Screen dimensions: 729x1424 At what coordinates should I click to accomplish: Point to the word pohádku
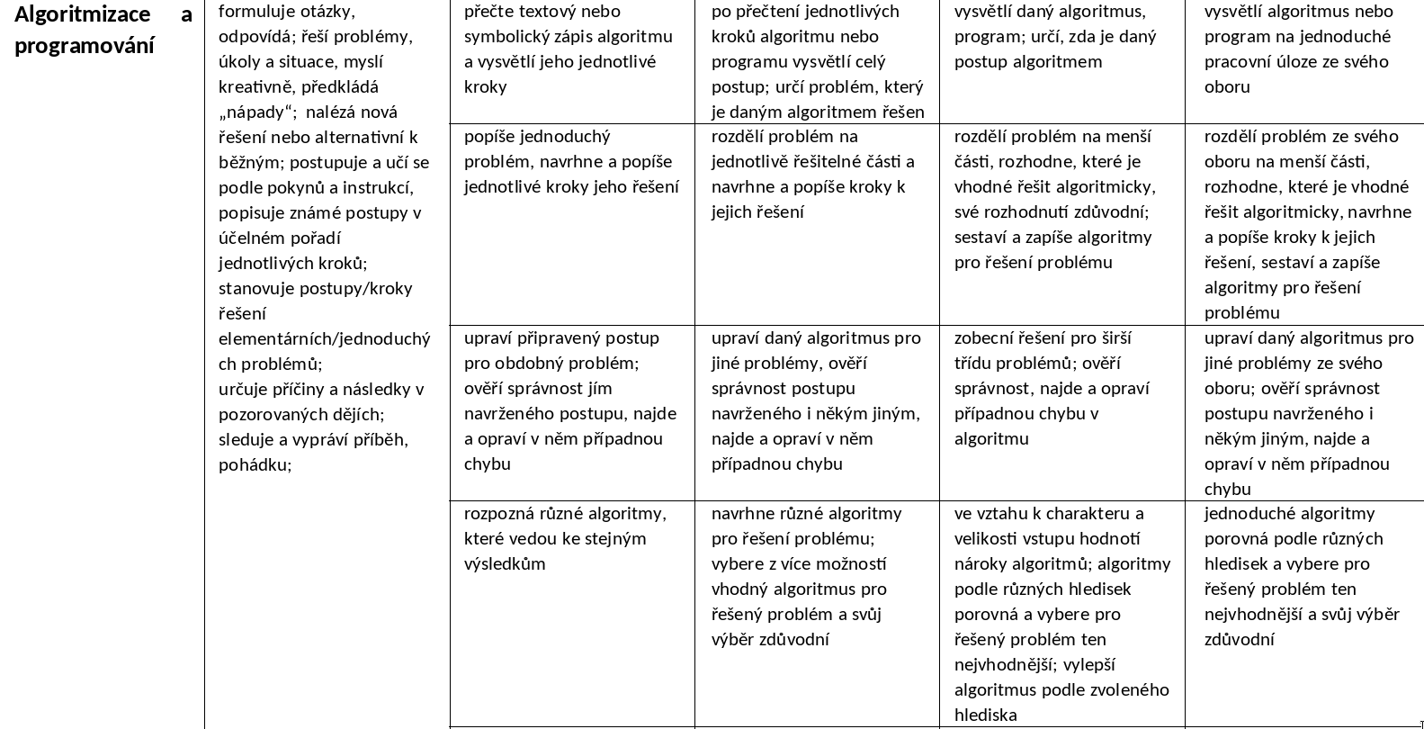[x=255, y=464]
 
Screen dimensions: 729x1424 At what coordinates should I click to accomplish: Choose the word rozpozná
[x=498, y=513]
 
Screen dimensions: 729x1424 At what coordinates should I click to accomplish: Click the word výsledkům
[x=505, y=563]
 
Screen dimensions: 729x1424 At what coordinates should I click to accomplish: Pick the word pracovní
[x=1244, y=61]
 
